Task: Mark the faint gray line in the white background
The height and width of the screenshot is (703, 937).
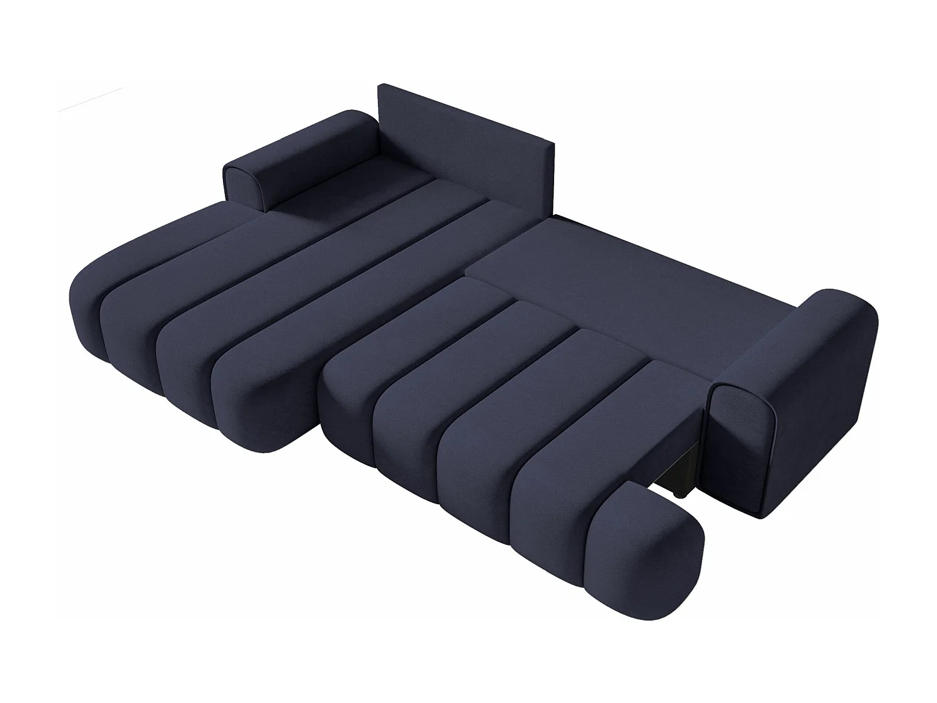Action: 91,101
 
